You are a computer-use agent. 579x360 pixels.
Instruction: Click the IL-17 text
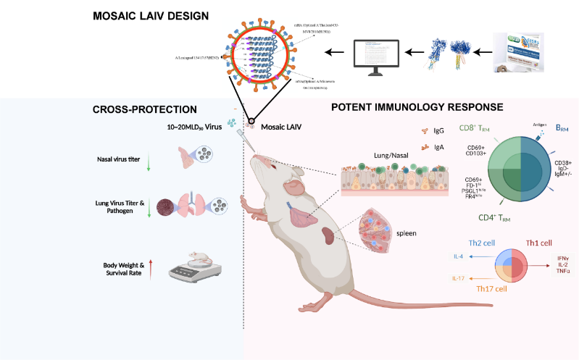[x=459, y=278]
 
